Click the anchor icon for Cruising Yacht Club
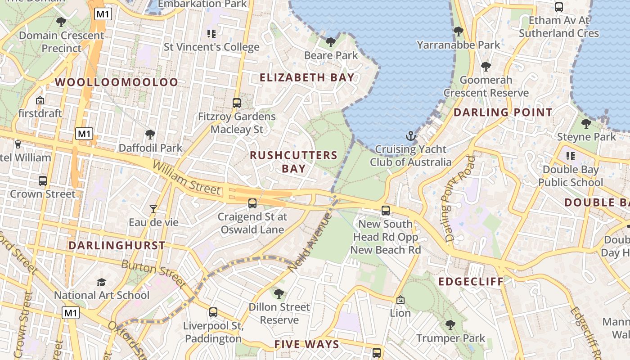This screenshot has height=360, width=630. coord(410,135)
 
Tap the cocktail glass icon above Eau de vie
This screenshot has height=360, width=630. coord(153,209)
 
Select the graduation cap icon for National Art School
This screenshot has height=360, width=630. coord(101,282)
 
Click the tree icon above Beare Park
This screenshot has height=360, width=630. coord(331,42)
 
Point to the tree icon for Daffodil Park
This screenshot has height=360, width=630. coord(150,135)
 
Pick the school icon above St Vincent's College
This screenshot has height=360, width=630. coord(211,33)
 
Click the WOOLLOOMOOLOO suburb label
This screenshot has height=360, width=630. coord(117,82)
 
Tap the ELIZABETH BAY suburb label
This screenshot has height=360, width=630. coord(307,77)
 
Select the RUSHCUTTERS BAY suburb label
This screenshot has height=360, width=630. coord(293,162)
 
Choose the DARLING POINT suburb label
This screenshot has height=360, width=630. coord(503,112)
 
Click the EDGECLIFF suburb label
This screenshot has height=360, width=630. coord(471,282)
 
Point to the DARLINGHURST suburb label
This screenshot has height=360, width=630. coord(117,246)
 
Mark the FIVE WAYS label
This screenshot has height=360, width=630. coord(306,345)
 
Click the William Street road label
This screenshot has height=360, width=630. coord(186,179)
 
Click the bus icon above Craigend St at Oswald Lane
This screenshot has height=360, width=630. coord(252,203)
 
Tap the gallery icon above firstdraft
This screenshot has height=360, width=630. coord(40,100)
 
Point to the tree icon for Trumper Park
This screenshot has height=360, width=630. coord(450,325)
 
